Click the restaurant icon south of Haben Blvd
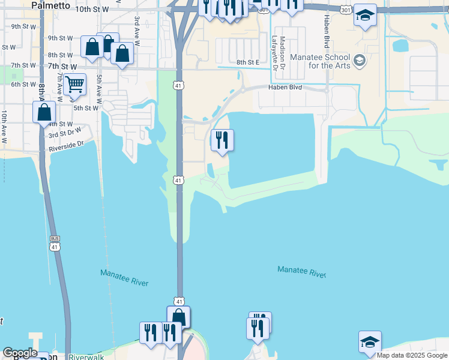click(x=222, y=140)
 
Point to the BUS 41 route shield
click(x=55, y=242)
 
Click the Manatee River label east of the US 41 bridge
click(x=301, y=271)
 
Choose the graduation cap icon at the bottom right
click(x=370, y=342)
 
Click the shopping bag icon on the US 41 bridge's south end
click(x=178, y=317)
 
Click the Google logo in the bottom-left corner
click(x=20, y=353)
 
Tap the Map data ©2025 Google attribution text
click(x=412, y=355)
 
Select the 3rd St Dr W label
click(x=65, y=135)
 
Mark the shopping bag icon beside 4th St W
click(x=44, y=112)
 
